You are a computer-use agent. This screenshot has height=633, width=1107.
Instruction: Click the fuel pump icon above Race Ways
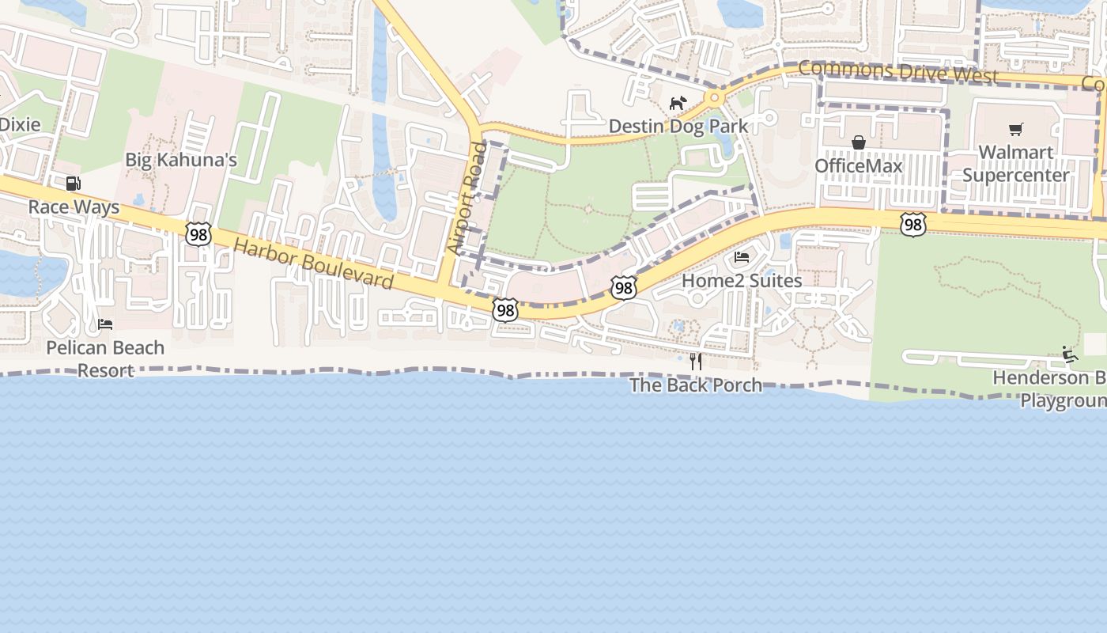click(x=73, y=184)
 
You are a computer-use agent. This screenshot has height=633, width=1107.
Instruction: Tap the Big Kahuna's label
click(x=181, y=160)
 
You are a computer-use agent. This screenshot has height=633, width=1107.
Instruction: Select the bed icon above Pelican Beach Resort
click(x=104, y=324)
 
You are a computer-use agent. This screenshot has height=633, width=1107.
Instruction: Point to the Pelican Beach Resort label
click(x=105, y=358)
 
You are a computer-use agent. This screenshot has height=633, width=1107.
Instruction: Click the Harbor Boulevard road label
click(x=314, y=264)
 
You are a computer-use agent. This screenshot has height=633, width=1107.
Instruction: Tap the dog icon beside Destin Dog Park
click(x=678, y=103)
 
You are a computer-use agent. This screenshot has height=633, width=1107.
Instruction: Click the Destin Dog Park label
click(x=678, y=127)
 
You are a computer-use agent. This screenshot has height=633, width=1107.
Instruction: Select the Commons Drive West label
click(x=897, y=72)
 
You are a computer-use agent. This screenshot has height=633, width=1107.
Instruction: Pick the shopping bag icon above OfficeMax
click(x=858, y=142)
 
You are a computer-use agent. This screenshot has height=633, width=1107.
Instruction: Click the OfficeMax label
click(x=859, y=166)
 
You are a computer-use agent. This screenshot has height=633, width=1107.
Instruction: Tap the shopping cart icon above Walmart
click(x=1016, y=129)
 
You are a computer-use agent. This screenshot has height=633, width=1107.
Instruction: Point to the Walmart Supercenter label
click(x=1016, y=164)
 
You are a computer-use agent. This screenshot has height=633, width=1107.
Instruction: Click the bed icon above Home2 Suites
click(x=742, y=257)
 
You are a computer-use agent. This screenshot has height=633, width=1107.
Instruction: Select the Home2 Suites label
click(x=742, y=281)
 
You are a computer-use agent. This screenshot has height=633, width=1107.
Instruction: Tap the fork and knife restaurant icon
click(x=696, y=362)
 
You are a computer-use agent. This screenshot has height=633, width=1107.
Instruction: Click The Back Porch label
click(x=696, y=385)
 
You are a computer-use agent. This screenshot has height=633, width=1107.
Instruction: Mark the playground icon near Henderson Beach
click(x=1070, y=354)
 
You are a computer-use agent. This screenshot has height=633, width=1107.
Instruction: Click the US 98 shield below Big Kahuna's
click(x=198, y=233)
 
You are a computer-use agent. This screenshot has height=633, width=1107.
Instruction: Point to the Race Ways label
click(x=74, y=207)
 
